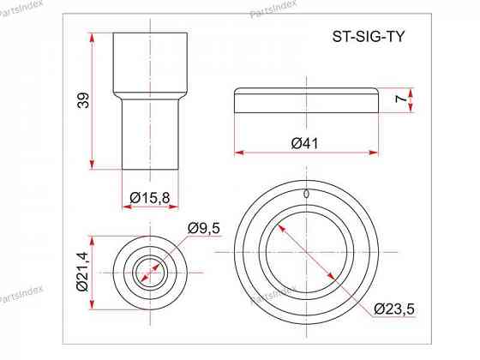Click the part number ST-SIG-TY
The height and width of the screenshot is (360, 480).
[369, 37]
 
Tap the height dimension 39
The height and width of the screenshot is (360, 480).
[83, 100]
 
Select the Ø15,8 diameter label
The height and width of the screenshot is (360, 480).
[150, 198]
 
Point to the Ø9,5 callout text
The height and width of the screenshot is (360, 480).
[204, 228]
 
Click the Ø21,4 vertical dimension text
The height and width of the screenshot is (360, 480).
[82, 271]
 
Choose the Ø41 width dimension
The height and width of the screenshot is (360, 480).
[305, 144]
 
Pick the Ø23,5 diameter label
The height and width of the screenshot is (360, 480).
[394, 309]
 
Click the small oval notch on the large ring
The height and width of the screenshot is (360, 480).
[306, 194]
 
